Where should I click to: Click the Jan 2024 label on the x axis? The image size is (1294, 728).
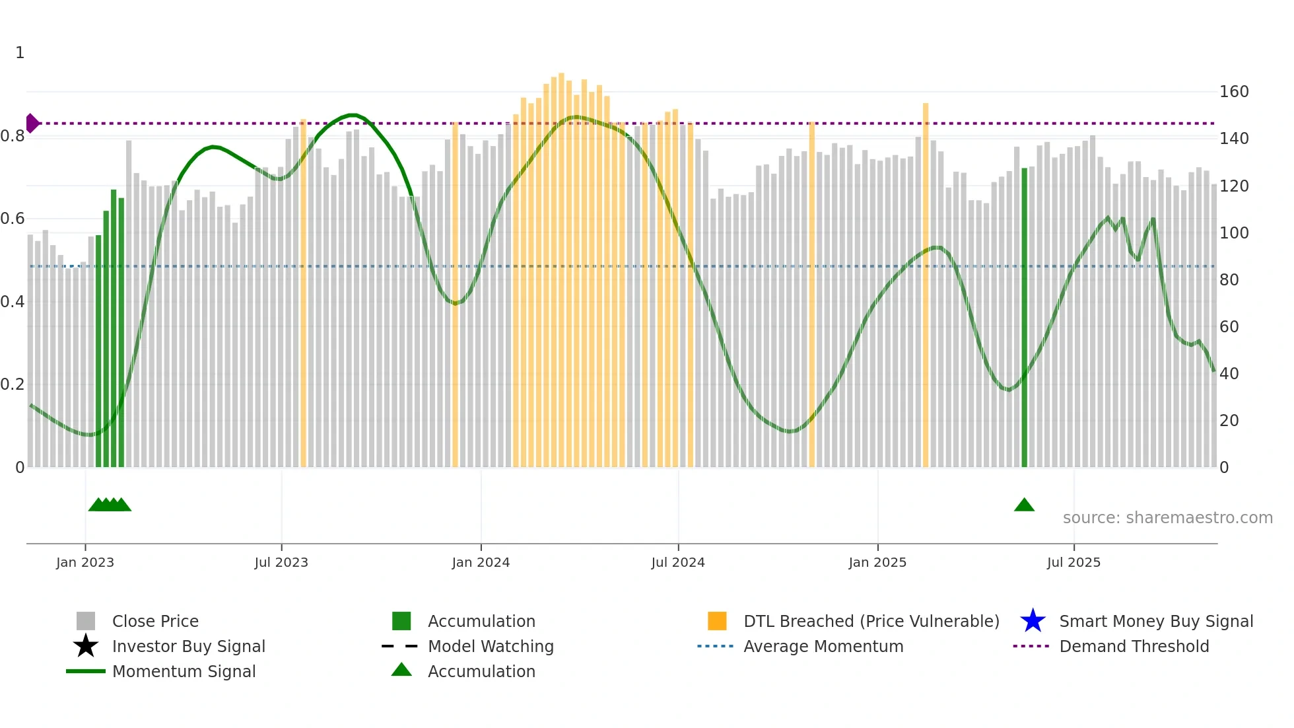click(481, 562)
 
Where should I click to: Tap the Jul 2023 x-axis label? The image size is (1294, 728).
click(281, 562)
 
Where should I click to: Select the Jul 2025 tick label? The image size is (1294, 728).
click(1073, 562)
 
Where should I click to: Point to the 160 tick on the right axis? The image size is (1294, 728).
click(1233, 92)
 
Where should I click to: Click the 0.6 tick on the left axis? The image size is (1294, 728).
click(13, 219)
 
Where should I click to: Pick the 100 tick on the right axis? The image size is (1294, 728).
click(1233, 233)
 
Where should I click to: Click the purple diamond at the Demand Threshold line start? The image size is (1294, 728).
click(32, 124)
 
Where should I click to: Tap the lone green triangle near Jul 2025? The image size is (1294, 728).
click(1024, 505)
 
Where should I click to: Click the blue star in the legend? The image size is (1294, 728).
click(1033, 621)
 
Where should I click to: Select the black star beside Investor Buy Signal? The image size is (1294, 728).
click(86, 646)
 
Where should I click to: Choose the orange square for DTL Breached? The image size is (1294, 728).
click(717, 621)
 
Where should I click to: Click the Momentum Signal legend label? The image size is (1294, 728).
click(184, 671)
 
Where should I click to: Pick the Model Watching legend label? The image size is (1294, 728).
click(491, 646)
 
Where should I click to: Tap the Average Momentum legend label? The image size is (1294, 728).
click(823, 646)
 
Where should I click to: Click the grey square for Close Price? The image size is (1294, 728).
click(86, 621)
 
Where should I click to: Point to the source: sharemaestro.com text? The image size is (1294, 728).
click(1167, 518)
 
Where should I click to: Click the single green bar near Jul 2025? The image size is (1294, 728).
click(1025, 317)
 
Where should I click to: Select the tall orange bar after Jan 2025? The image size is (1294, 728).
click(926, 284)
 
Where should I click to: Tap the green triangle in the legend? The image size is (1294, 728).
click(401, 670)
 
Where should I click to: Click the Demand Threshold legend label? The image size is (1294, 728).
click(1134, 646)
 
